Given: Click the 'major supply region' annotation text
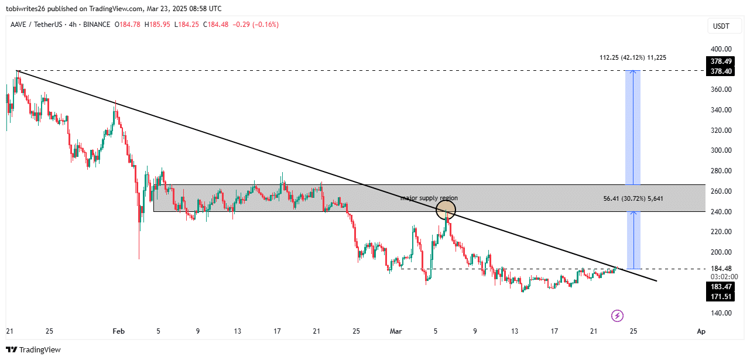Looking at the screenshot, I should pyautogui.click(x=429, y=198).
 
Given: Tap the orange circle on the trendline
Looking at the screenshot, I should pyautogui.click(x=446, y=210).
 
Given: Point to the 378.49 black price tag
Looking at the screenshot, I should pyautogui.click(x=720, y=61).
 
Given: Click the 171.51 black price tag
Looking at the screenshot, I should pyautogui.click(x=720, y=297).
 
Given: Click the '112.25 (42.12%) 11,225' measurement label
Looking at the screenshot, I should pyautogui.click(x=633, y=58).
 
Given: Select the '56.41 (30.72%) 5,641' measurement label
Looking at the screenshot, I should pyautogui.click(x=633, y=198).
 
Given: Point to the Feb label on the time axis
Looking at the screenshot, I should pyautogui.click(x=118, y=332).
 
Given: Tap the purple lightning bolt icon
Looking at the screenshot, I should pyautogui.click(x=617, y=316).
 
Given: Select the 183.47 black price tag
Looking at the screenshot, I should pyautogui.click(x=720, y=287).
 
